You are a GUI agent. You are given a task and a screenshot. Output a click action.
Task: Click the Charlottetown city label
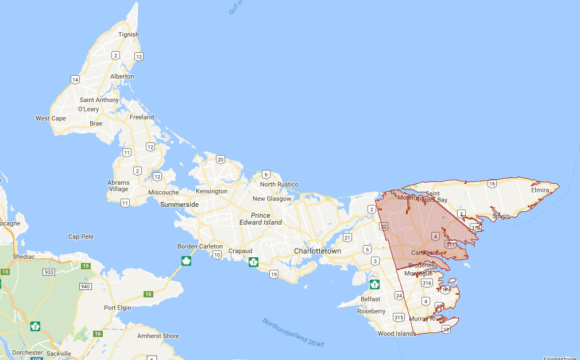pyautogui.click(x=317, y=251)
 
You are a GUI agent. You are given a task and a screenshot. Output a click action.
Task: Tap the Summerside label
pyautogui.click(x=179, y=204)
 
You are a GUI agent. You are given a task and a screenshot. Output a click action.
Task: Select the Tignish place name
pyautogui.click(x=129, y=34)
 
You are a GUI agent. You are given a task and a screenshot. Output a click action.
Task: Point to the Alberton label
pyautogui.click(x=122, y=76)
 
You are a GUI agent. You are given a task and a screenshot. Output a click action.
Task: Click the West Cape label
pyautogui.click(x=51, y=118)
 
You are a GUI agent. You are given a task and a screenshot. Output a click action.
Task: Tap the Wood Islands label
pyautogui.click(x=396, y=334)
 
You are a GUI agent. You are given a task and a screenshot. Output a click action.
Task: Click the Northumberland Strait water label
pyautogui.click(x=293, y=332)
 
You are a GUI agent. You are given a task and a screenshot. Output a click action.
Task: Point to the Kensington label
pyautogui.click(x=211, y=191)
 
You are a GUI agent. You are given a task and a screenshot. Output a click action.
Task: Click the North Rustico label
pyautogui.click(x=279, y=184)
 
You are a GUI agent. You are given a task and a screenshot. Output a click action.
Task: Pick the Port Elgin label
pyautogui.click(x=118, y=308)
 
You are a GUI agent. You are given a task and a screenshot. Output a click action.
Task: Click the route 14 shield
pyautogui.click(x=75, y=79)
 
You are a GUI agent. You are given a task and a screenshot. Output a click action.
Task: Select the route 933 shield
pyautogui.click(x=49, y=272)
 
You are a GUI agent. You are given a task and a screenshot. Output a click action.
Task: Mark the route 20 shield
pyautogui.click(x=221, y=160)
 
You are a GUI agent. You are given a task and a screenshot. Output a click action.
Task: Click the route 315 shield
pyautogui.click(x=399, y=317)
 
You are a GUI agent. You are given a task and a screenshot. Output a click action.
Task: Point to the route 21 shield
pyautogui.click(x=347, y=237)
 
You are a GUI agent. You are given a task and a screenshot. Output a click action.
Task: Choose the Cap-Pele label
pyautogui.click(x=81, y=237)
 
